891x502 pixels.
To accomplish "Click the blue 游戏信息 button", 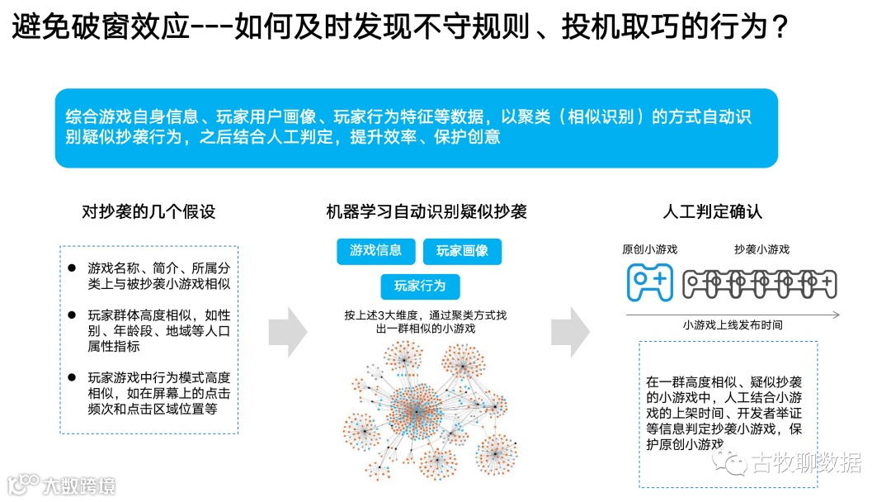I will pyautogui.click(x=376, y=251).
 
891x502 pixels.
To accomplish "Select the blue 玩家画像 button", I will pyautogui.click(x=462, y=251).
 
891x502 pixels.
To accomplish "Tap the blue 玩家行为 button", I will pyautogui.click(x=420, y=287).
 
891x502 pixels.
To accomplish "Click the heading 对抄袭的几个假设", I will pyautogui.click(x=148, y=212).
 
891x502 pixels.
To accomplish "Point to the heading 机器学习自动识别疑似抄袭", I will pyautogui.click(x=427, y=212).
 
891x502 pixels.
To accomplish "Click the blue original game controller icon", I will pyautogui.click(x=650, y=282).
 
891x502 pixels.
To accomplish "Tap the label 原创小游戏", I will pyautogui.click(x=650, y=249).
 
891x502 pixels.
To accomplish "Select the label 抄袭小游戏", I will pyautogui.click(x=761, y=249).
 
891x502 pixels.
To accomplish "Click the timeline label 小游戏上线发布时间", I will pyautogui.click(x=733, y=325).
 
